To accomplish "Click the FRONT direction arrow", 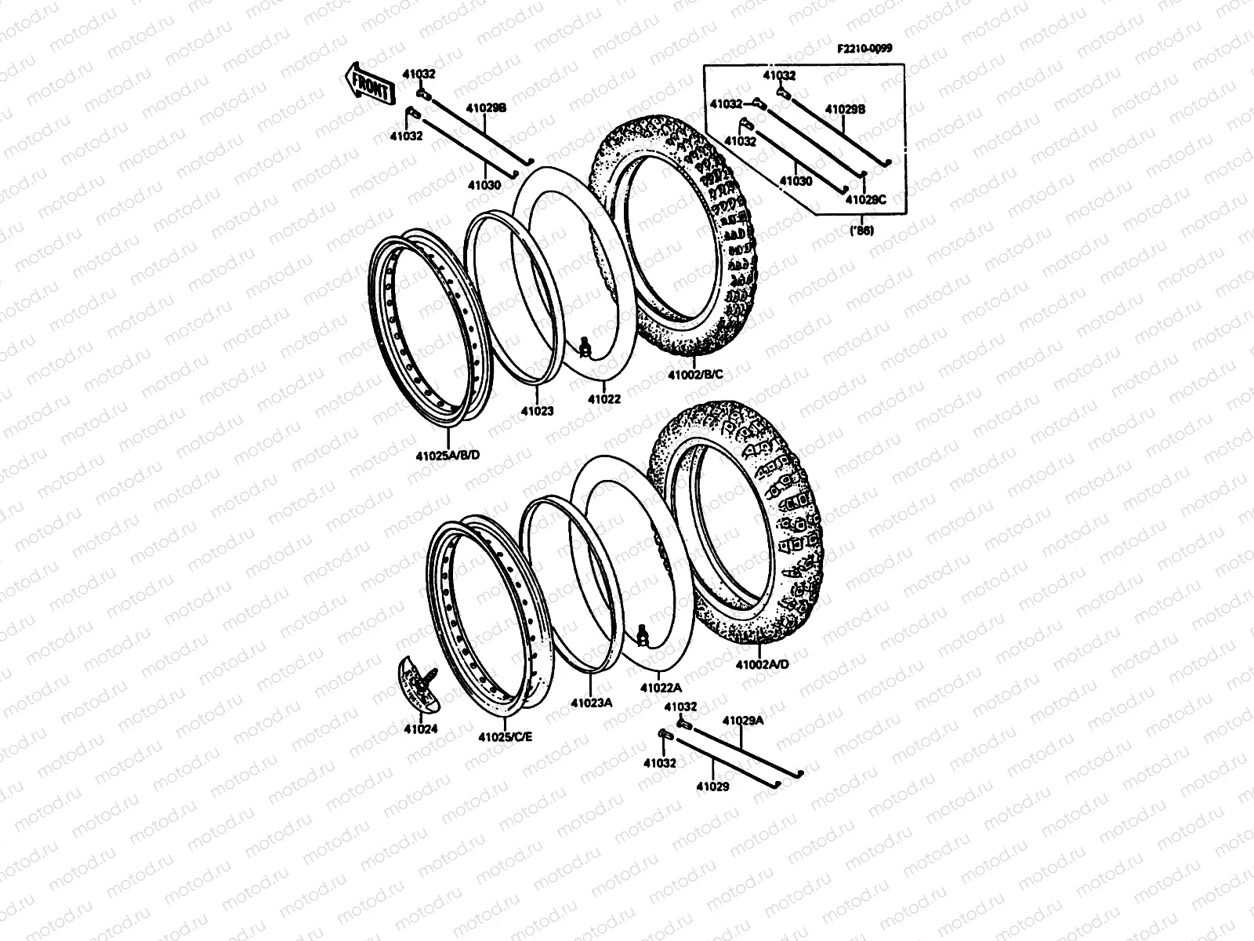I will click(368, 84).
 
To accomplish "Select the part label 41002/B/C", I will click(695, 375).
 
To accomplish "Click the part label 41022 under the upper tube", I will click(604, 398).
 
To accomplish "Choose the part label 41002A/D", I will click(762, 664).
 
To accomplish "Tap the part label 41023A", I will click(591, 703).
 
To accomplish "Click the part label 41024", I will click(421, 728).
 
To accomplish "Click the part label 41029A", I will click(742, 720).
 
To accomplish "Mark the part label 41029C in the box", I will click(864, 199).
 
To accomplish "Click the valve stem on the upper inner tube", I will click(584, 345).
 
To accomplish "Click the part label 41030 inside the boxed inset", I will click(796, 180).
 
